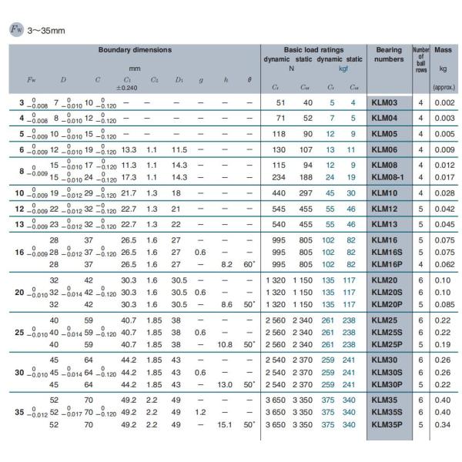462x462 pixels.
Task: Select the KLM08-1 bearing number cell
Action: coord(387,176)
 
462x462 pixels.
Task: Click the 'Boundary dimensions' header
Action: coord(135,50)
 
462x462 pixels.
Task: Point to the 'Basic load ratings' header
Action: coord(313,50)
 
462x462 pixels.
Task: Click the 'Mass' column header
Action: coord(443,50)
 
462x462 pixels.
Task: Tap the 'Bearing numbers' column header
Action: coord(389,54)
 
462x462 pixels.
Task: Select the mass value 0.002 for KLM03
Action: coord(444,102)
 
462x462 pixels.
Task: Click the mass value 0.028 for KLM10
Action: coord(444,192)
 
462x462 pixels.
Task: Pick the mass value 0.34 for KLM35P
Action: coord(444,424)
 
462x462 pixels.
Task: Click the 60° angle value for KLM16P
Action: coord(249,263)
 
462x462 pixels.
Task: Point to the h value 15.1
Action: coord(225,424)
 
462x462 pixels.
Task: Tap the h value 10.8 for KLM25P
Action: coord(225,343)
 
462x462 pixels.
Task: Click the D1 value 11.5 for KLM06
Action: coord(179,149)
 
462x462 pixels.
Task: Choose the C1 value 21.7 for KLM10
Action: coord(129,192)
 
